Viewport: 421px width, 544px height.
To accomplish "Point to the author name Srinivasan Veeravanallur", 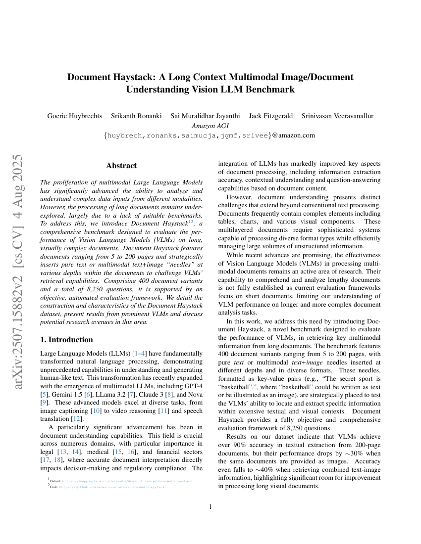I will pos(337,116).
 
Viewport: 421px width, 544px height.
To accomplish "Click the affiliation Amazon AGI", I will pos(210,126).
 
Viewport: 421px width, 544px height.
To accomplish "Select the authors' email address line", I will pos(210,135).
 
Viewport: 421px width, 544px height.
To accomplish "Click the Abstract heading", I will pos(121,165).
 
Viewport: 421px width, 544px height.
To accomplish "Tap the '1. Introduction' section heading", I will pos(66,339).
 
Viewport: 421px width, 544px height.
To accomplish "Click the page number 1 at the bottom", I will pos(210,506).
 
